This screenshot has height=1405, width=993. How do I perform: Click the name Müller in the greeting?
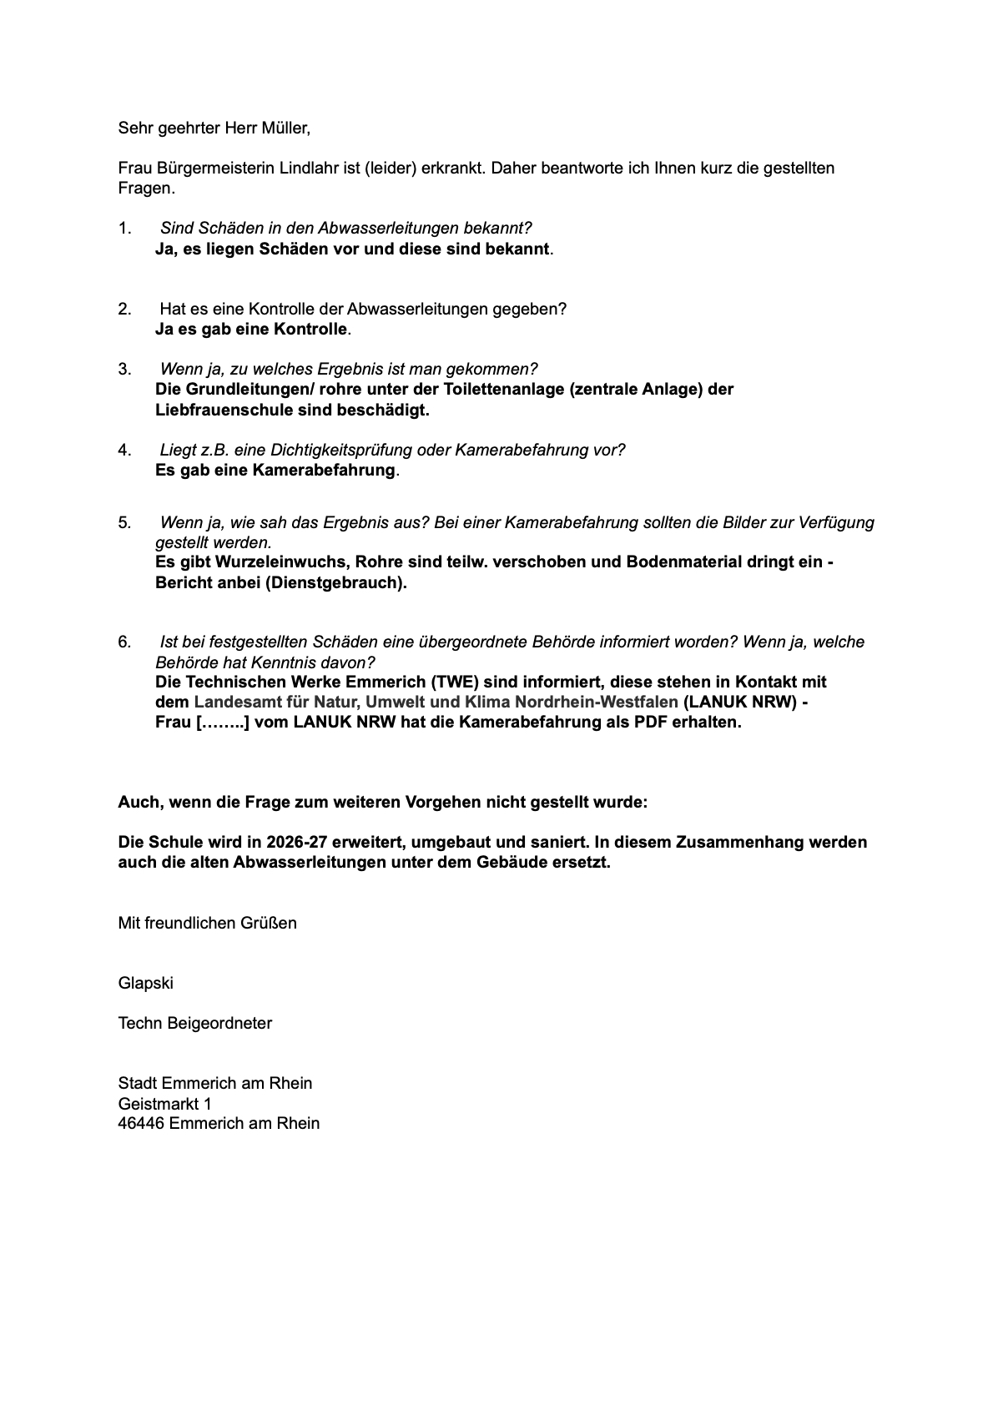click(285, 128)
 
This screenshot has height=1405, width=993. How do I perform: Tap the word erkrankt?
click(451, 168)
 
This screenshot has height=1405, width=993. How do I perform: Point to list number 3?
click(124, 369)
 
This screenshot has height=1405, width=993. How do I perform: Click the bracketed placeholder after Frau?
click(223, 722)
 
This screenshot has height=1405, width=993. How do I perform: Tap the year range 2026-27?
click(298, 842)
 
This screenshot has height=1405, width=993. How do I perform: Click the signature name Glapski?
click(146, 983)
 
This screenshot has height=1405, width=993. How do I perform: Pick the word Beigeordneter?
click(219, 1023)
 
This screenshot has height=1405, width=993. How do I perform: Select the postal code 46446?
click(141, 1123)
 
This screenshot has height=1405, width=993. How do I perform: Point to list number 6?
click(124, 642)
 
